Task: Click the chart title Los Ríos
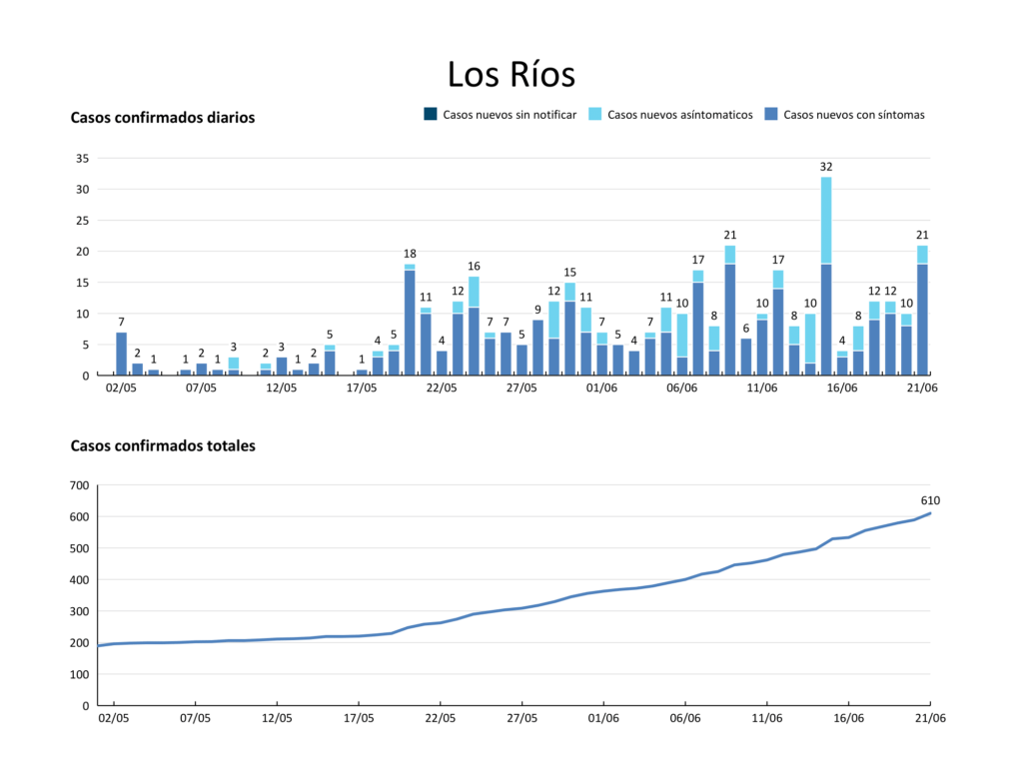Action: pyautogui.click(x=511, y=75)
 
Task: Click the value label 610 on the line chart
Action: pyautogui.click(x=930, y=500)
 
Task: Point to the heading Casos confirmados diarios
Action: pyautogui.click(x=163, y=118)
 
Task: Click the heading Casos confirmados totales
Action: pyautogui.click(x=163, y=445)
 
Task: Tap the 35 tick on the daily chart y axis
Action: pyautogui.click(x=82, y=158)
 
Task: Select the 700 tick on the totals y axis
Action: pyautogui.click(x=79, y=485)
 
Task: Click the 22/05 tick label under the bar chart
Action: pyautogui.click(x=442, y=387)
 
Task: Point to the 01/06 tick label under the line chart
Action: pyautogui.click(x=602, y=717)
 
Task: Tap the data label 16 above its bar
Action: pyautogui.click(x=474, y=266)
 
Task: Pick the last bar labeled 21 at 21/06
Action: pyautogui.click(x=922, y=311)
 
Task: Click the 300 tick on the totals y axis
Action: pyautogui.click(x=79, y=611)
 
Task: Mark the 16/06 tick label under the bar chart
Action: pyautogui.click(x=842, y=387)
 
